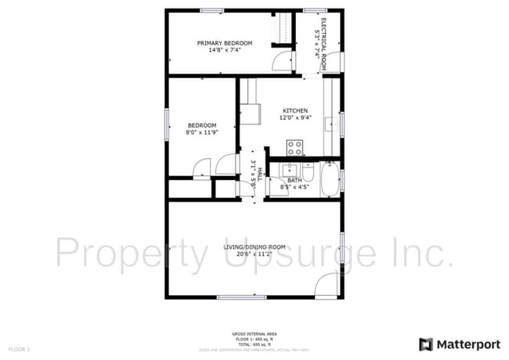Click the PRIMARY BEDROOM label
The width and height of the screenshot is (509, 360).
coord(225,43)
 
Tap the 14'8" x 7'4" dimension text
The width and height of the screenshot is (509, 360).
coord(225,50)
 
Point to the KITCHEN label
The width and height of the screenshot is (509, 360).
coord(295,110)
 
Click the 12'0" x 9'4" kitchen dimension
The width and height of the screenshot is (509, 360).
coord(295,118)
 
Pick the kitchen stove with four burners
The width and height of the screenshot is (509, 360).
coord(295,146)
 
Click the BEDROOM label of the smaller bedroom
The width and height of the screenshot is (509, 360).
coord(201,125)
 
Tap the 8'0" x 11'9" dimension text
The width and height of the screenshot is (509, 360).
coord(201,133)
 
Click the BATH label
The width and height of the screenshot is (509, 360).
coord(294,180)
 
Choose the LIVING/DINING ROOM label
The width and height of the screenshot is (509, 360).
coord(254,247)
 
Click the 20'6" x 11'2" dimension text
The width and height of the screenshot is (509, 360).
coord(254,255)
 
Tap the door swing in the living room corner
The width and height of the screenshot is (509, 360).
coord(327,286)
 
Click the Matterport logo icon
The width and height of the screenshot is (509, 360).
coord(426,344)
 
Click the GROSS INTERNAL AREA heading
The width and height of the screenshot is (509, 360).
coord(254,333)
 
